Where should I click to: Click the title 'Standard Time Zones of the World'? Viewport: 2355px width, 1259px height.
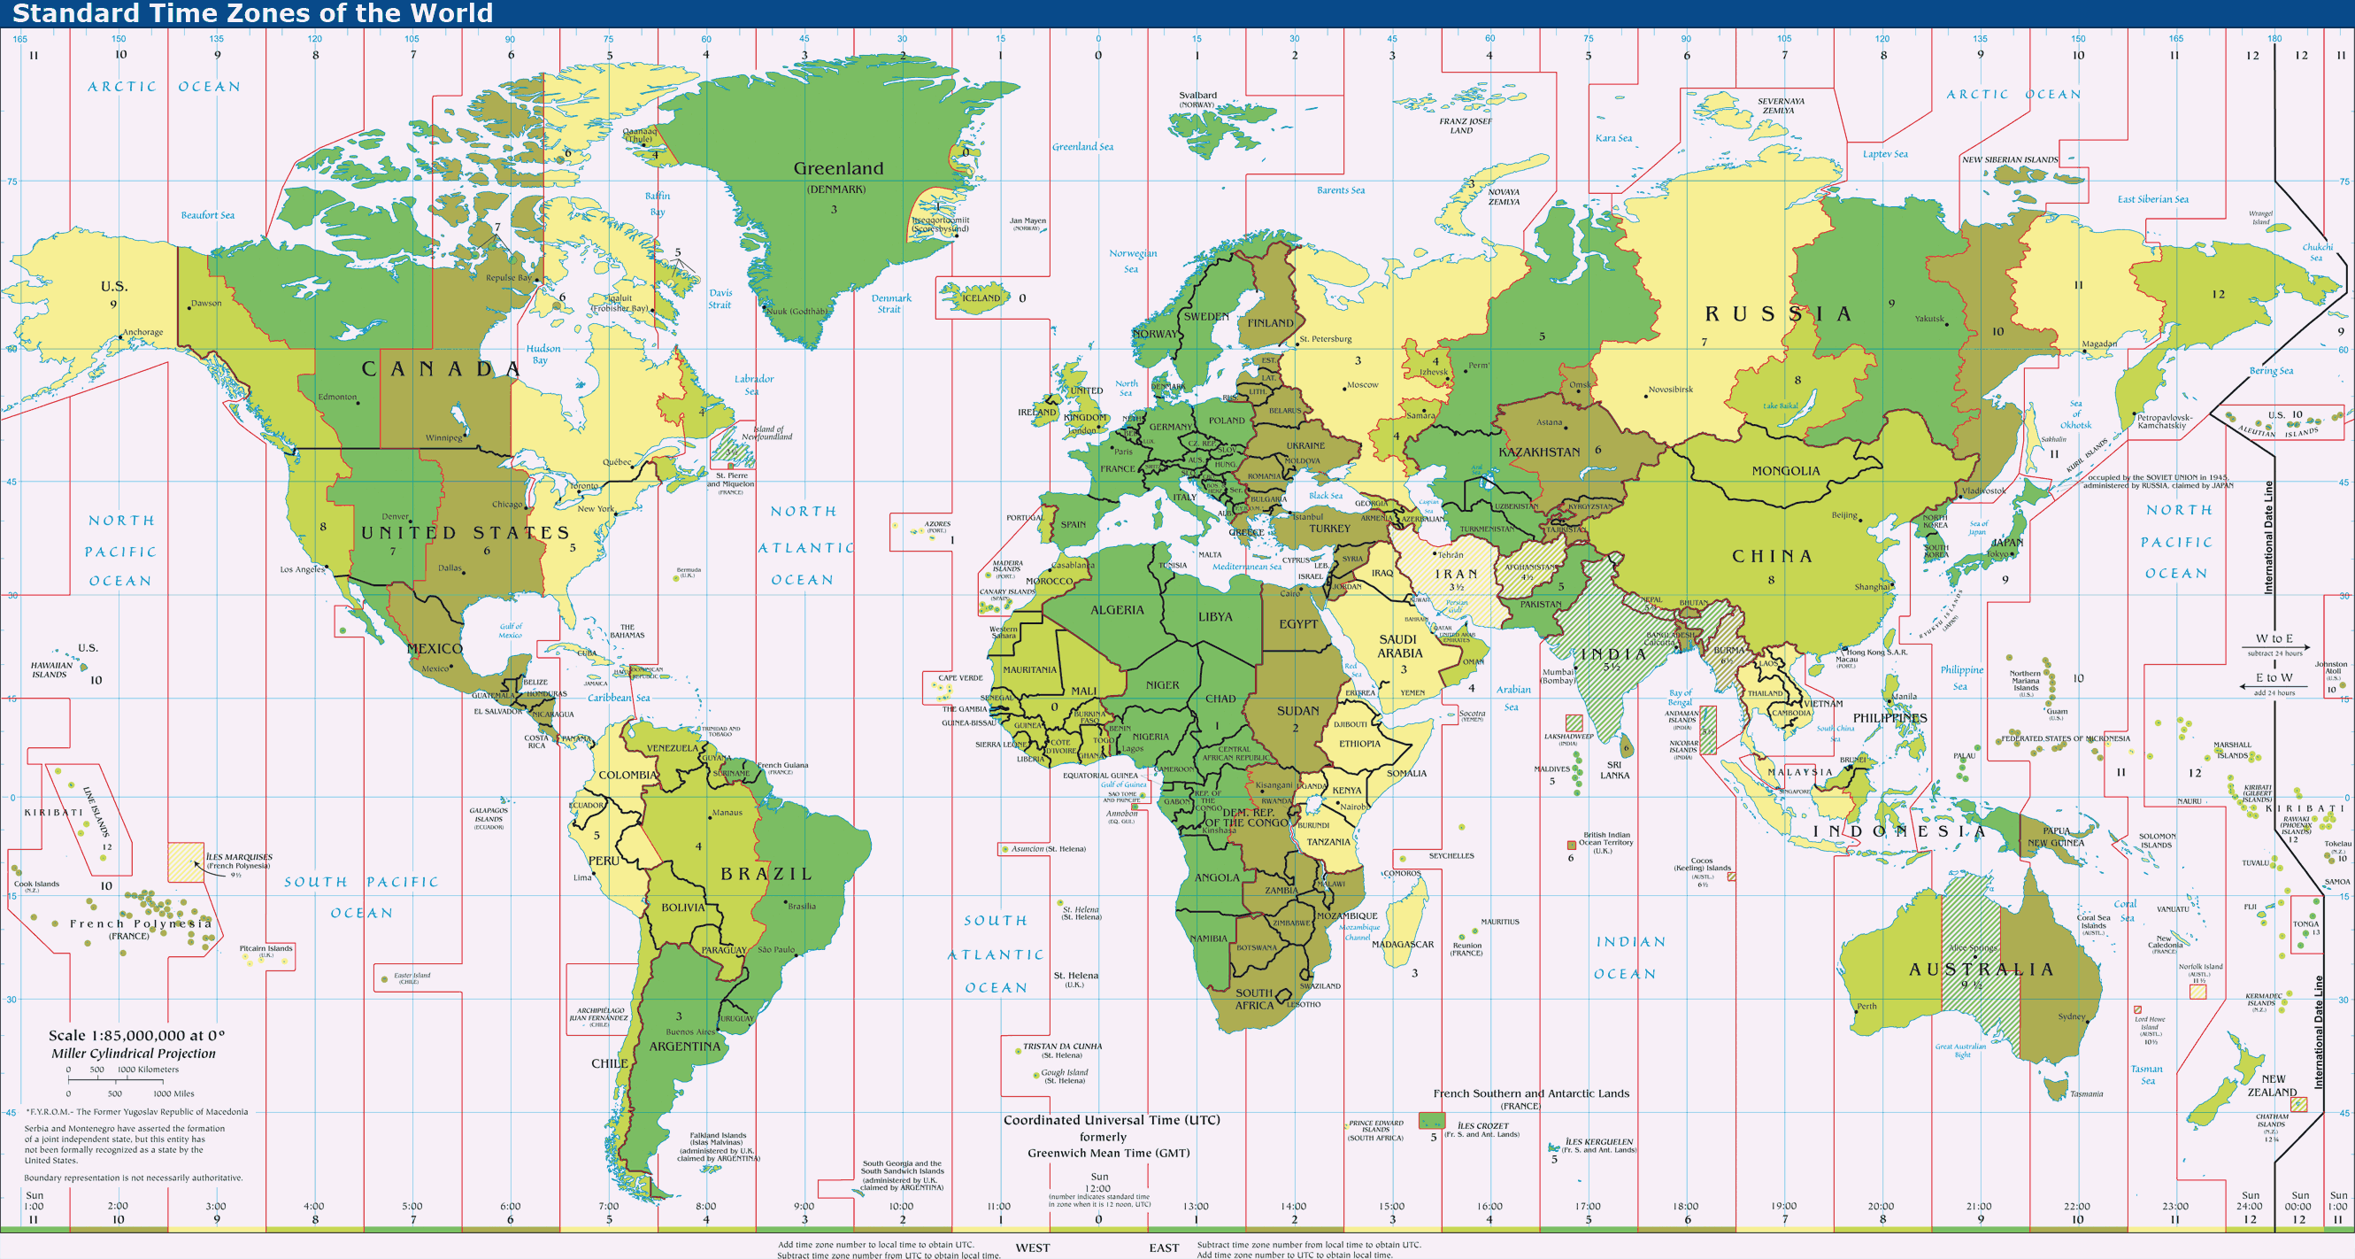[252, 12]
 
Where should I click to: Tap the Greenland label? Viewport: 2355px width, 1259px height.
[837, 168]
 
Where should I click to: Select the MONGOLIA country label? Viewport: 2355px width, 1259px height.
[1784, 471]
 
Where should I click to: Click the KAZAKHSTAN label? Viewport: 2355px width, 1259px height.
[1539, 452]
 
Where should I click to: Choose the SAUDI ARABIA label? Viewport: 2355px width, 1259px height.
[1398, 646]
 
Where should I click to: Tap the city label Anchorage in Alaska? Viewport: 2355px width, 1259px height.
[142, 332]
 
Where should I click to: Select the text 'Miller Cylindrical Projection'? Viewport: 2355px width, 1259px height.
[134, 1054]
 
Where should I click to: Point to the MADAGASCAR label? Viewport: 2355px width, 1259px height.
[1403, 945]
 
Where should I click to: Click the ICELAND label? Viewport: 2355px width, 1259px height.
[980, 298]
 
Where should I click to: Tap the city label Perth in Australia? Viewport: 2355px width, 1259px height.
[1866, 1006]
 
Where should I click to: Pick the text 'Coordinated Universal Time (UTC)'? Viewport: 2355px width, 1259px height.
[1111, 1120]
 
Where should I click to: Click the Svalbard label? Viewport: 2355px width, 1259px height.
[1197, 95]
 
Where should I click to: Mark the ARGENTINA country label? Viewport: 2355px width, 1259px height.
[684, 1046]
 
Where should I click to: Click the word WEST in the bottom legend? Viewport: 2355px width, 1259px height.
[1032, 1247]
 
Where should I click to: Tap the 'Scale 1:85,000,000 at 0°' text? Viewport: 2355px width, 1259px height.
[136, 1035]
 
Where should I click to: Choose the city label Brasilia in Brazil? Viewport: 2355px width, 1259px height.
[801, 906]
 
